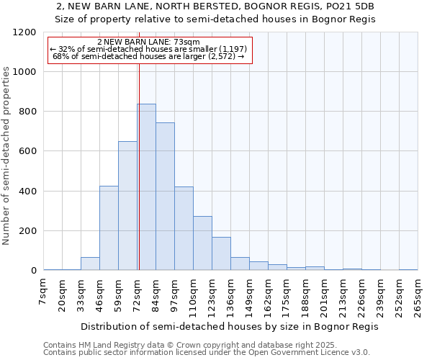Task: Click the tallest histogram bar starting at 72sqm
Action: coord(146,187)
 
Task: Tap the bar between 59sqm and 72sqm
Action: coord(127,206)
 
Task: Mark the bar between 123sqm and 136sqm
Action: coord(221,253)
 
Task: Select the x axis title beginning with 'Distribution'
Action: coord(230,326)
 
